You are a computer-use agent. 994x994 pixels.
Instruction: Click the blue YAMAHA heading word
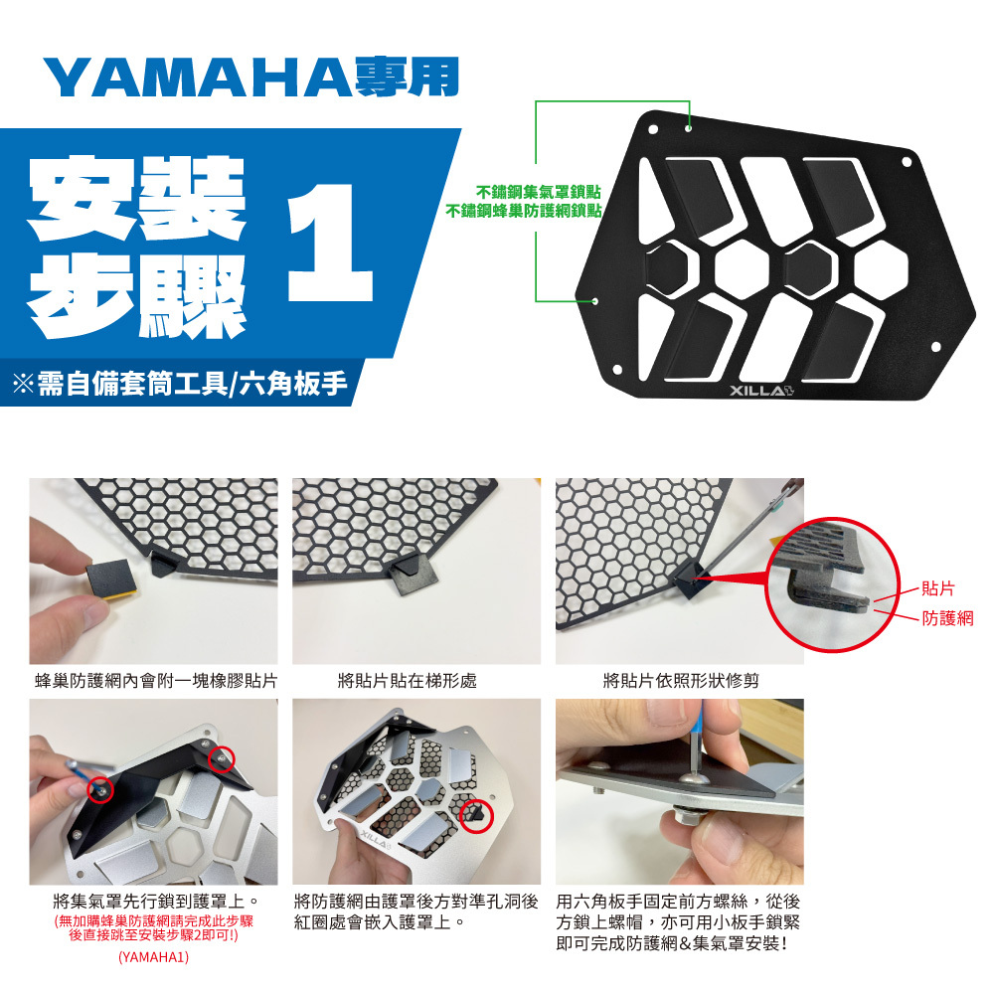click(198, 78)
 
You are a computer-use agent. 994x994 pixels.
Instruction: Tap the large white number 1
click(330, 243)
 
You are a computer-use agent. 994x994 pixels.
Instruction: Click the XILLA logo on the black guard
click(761, 390)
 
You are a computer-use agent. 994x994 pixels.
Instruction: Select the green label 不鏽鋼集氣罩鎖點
click(538, 192)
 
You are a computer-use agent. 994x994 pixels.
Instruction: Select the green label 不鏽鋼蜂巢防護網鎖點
click(523, 210)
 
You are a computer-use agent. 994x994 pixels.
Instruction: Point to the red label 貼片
click(937, 588)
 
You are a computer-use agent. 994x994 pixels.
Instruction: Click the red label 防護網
click(947, 618)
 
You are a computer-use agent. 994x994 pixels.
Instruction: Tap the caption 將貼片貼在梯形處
click(407, 681)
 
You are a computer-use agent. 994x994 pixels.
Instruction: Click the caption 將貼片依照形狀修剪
click(681, 681)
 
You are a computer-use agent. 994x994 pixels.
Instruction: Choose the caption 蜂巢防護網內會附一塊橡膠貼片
click(156, 681)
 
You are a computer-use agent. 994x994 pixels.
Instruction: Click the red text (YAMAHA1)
click(153, 956)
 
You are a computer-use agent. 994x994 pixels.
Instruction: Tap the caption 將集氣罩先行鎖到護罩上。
click(156, 901)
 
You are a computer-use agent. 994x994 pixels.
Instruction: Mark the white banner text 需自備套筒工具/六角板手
click(193, 384)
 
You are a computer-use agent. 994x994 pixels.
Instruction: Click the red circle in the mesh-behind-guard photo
click(476, 815)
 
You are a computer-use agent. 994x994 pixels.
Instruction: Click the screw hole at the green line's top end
click(689, 128)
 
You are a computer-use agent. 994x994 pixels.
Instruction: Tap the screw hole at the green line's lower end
click(594, 300)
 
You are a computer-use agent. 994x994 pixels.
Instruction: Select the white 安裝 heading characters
click(137, 198)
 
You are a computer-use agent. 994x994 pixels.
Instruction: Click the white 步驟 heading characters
click(137, 296)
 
